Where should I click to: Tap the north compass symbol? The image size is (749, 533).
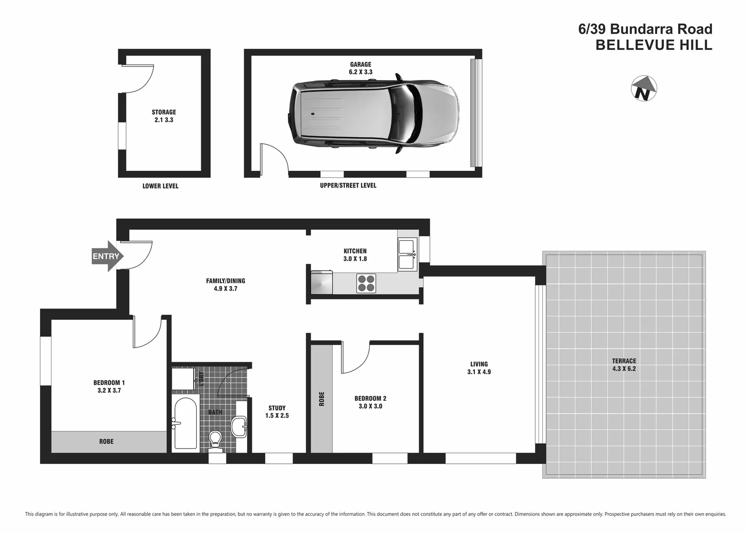click(644, 89)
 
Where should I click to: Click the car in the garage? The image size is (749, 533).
click(374, 114)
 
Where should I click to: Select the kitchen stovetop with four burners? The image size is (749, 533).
click(366, 283)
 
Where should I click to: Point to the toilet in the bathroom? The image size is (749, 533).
click(215, 439)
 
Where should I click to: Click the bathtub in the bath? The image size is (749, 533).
click(185, 423)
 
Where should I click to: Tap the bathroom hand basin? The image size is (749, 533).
click(240, 426)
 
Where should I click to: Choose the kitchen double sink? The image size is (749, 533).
click(407, 254)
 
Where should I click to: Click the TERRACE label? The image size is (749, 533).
click(624, 361)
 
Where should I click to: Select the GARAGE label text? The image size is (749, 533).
click(361, 64)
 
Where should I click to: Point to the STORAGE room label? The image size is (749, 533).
click(164, 112)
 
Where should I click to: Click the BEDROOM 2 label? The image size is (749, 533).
click(370, 398)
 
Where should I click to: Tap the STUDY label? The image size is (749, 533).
click(277, 408)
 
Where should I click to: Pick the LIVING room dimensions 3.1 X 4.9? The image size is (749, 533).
click(479, 372)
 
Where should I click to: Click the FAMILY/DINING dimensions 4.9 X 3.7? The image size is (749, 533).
click(225, 289)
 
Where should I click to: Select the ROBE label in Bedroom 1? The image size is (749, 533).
click(106, 442)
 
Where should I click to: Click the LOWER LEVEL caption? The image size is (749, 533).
click(160, 186)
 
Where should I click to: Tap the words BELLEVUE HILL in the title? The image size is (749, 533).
click(654, 45)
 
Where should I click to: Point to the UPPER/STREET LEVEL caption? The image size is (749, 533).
click(348, 186)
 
